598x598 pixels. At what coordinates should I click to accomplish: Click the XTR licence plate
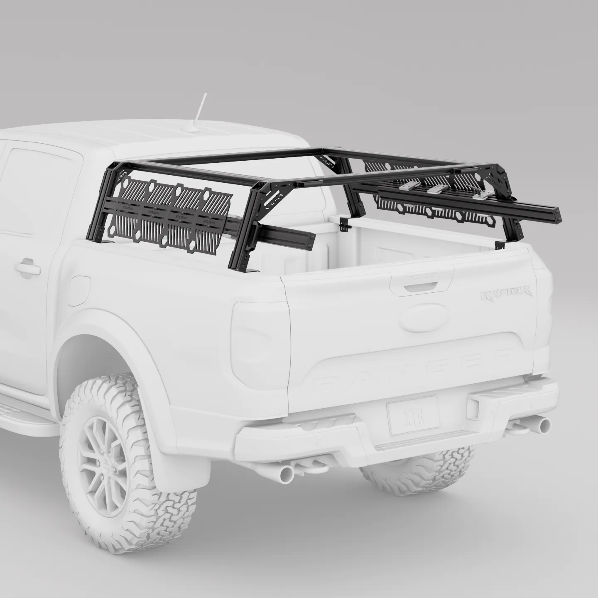413,415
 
